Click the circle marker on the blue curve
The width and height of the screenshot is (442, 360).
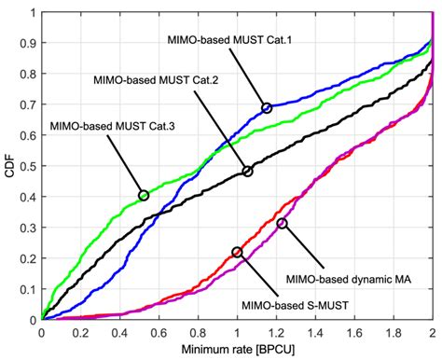click(x=268, y=108)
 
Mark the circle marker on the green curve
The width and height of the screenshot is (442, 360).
click(x=144, y=195)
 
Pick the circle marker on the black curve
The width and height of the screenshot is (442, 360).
click(x=248, y=172)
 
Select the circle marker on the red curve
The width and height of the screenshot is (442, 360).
click(x=237, y=252)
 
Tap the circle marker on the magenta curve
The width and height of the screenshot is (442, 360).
click(x=282, y=223)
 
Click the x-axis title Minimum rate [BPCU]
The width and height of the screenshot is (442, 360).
click(x=237, y=350)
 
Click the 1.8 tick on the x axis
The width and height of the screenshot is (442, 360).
click(x=392, y=331)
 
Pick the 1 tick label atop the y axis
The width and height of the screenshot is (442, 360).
click(x=34, y=14)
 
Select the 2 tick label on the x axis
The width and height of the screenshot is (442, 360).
click(x=431, y=331)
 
